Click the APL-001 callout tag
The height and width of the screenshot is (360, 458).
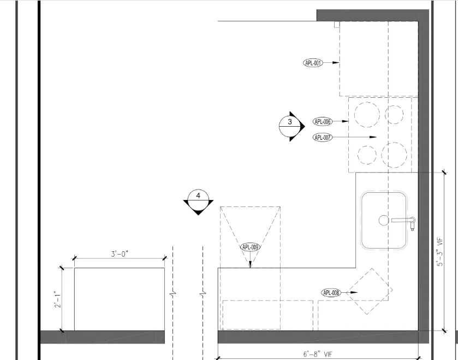coord(313,63)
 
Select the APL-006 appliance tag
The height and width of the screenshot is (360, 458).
coord(323,121)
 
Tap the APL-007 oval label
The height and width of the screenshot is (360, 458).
coord(323,137)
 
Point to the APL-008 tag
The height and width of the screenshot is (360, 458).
coord(331,292)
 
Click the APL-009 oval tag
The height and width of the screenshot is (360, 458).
coord(251,247)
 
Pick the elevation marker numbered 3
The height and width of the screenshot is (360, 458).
coord(292,126)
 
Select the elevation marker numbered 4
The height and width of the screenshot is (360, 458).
coord(198,202)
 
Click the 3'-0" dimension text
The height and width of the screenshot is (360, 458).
coord(120,254)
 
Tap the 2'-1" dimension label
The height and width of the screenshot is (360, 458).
coord(58,299)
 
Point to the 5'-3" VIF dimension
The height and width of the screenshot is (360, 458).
coord(440,252)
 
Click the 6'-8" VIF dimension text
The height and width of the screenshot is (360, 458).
coord(318,354)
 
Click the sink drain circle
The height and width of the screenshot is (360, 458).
coord(384,220)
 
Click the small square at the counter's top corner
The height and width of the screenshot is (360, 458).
coord(337,25)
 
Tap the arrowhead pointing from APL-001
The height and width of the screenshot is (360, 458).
coord(336,62)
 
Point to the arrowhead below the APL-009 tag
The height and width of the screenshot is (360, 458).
coord(251,264)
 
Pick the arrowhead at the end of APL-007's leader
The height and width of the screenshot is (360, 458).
coord(373,137)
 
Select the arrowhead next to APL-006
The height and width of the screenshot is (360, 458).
coord(345,121)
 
